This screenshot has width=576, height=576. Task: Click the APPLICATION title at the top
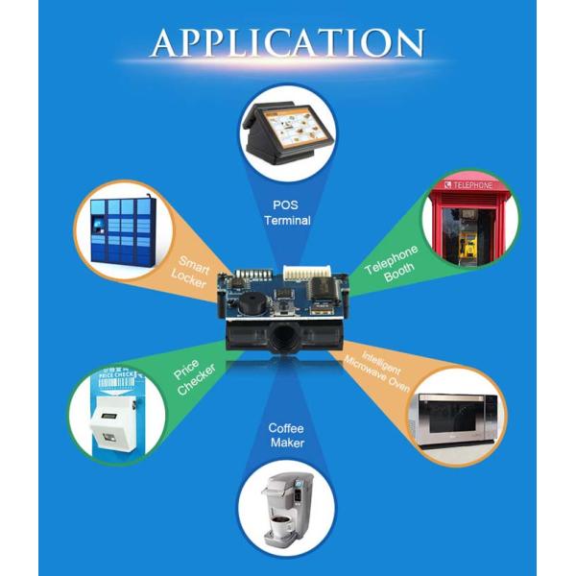(287, 42)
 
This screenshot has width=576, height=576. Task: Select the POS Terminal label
(287, 212)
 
